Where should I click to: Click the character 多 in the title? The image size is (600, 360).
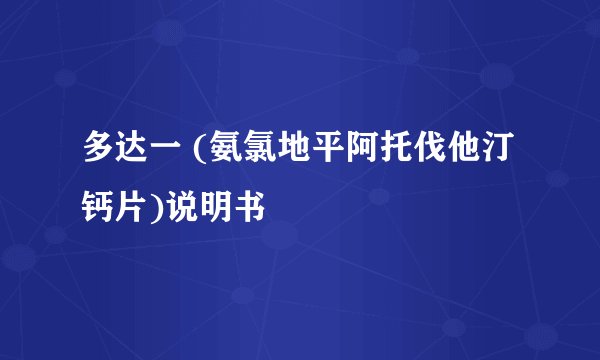point(99,153)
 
